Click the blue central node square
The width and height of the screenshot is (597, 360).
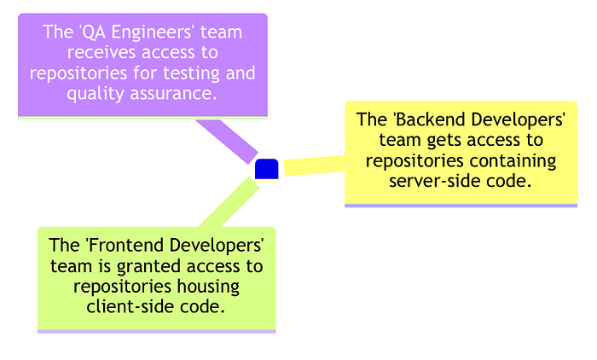pyautogui.click(x=267, y=170)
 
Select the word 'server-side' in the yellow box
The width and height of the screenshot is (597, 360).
pyautogui.click(x=432, y=180)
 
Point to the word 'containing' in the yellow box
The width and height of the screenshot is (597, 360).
pyautogui.click(x=515, y=160)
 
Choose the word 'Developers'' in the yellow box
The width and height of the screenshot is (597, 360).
pyautogui.click(x=519, y=119)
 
